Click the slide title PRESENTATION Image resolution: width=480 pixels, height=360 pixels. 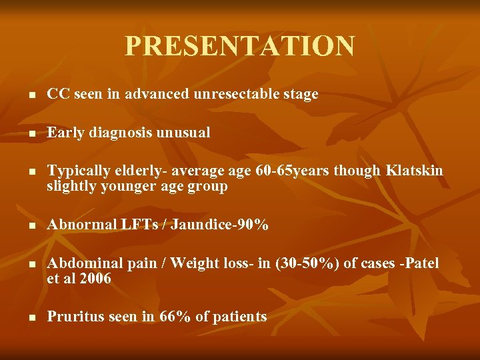click(x=239, y=47)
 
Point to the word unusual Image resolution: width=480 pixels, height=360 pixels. click(x=183, y=133)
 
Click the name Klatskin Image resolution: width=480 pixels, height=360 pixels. click(x=414, y=171)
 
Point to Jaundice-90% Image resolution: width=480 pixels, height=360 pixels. click(x=219, y=225)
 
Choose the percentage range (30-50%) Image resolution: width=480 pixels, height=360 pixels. click(x=303, y=263)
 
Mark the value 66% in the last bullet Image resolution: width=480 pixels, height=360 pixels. click(x=174, y=317)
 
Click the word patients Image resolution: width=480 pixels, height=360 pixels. click(x=239, y=317)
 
